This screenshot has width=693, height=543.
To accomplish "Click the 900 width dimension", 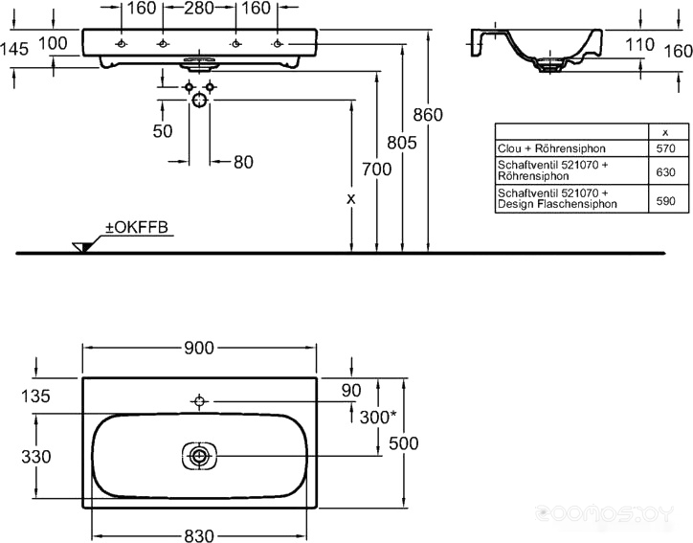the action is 199,348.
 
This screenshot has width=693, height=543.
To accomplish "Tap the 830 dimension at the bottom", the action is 199,535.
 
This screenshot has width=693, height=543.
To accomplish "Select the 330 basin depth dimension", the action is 36,457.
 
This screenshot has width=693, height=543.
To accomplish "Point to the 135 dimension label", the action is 35,396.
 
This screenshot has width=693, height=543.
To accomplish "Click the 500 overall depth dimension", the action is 404,443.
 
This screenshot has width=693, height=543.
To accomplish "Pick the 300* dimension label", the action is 378,417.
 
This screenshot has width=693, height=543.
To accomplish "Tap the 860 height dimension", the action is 428,115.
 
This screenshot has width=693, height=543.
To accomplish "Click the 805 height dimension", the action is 402,143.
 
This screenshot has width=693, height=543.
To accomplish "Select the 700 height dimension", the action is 376,169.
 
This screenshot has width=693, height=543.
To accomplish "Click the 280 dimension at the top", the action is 199,8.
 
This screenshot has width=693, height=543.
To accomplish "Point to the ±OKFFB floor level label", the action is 137,227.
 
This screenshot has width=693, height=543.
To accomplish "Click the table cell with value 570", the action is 665,148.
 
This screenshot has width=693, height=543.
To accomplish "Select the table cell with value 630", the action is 665,171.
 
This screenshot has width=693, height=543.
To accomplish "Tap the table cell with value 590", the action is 665,201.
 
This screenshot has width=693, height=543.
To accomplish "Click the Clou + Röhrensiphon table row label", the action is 551,148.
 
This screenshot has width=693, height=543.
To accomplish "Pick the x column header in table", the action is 665,133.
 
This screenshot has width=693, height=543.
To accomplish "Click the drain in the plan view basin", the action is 200,456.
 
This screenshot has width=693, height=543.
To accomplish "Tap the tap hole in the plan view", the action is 199,401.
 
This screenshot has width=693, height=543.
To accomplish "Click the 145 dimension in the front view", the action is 14,49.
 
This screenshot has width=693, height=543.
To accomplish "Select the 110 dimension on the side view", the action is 639,44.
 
